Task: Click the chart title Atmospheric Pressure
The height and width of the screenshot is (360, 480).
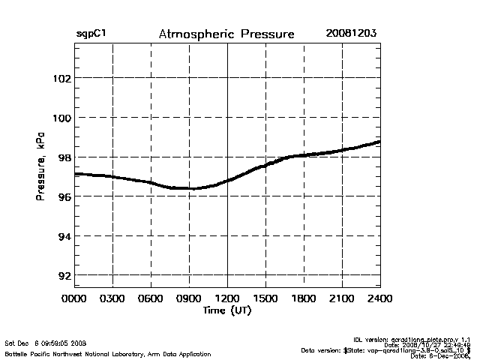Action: [226, 34]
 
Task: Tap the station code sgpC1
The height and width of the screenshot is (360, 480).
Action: [90, 34]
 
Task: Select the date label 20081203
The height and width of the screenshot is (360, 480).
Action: [351, 34]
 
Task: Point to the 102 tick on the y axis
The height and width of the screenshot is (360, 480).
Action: [61, 78]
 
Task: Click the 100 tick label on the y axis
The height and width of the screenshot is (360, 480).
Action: [61, 118]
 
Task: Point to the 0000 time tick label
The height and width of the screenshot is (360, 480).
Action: [74, 298]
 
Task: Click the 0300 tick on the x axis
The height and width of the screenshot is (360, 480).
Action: [112, 298]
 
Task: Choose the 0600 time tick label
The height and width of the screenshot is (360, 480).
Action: [151, 298]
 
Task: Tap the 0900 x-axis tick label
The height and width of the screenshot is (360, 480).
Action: [189, 298]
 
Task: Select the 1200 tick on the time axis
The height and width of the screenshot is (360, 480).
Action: [227, 298]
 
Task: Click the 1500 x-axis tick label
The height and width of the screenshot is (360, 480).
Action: [265, 298]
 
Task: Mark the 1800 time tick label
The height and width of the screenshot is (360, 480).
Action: [304, 298]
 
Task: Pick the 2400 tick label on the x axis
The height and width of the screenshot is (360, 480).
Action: [380, 298]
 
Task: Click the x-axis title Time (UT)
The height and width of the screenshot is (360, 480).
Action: [226, 310]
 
